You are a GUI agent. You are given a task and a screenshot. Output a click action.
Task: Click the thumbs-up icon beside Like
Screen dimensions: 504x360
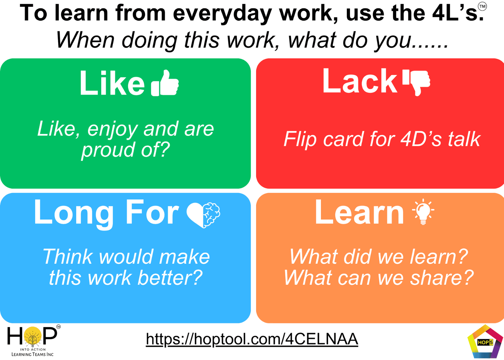pos(165,83)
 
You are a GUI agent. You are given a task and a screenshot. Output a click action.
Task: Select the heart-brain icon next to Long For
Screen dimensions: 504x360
pos(203,215)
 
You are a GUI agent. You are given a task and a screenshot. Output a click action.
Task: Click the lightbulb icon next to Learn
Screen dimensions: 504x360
pos(423,212)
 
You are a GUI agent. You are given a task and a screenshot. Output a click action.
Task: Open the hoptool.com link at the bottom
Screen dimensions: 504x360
pos(252,339)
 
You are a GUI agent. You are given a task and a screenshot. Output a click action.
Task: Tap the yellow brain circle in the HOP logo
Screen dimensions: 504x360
pos(33,336)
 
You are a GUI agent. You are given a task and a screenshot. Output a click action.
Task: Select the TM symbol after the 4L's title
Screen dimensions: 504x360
pos(482,6)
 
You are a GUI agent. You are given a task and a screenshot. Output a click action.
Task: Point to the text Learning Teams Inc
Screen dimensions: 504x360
pos(33,354)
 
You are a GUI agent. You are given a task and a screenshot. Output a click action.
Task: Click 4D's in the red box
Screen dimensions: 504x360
pos(421,139)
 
